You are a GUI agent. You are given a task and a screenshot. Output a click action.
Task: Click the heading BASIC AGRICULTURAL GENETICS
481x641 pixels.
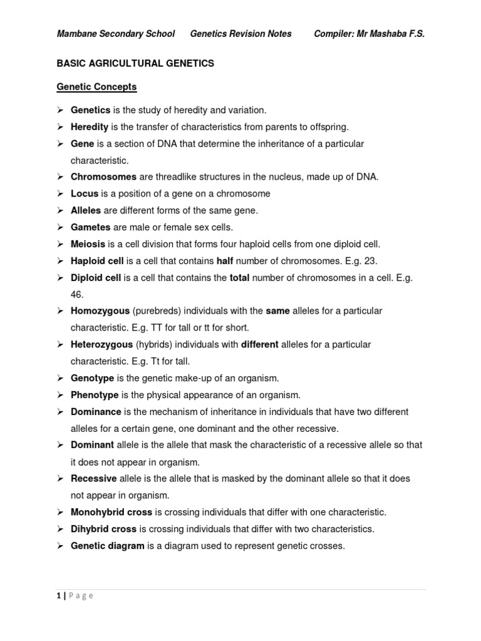tap(135, 63)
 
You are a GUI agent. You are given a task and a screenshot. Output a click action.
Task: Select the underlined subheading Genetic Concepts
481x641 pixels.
tap(96, 86)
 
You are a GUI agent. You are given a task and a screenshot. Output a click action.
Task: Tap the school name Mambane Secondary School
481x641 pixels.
tap(115, 34)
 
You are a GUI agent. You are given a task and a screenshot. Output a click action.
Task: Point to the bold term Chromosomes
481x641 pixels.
tap(103, 177)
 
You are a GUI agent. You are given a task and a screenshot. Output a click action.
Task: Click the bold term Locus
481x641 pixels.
tap(85, 194)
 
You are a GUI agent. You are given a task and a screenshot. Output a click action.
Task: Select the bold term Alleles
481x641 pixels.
tap(86, 210)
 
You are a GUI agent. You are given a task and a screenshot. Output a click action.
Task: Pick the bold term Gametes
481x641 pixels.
tap(90, 227)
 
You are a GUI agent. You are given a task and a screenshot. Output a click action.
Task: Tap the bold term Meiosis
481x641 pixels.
tap(88, 244)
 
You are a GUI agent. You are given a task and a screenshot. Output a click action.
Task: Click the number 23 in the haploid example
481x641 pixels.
tap(371, 261)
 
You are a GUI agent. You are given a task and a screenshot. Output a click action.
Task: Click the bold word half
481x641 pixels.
tap(225, 261)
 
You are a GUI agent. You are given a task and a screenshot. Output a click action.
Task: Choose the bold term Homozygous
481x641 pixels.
tap(100, 311)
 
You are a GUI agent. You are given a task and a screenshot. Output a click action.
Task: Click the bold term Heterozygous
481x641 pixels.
tap(101, 344)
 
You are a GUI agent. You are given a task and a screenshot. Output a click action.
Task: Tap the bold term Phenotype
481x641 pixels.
tap(95, 395)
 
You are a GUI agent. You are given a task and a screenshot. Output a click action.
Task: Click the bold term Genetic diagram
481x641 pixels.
tap(108, 546)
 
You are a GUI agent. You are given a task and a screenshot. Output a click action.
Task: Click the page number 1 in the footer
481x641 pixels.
tap(58, 596)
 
